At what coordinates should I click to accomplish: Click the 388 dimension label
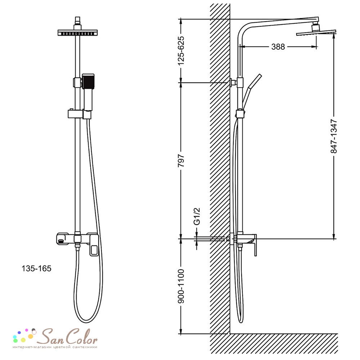point(278,47)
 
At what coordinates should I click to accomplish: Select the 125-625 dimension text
point(181,50)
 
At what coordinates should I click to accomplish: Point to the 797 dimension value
point(181,161)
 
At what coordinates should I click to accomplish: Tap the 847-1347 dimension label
point(334,136)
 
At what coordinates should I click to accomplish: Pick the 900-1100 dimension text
point(181,286)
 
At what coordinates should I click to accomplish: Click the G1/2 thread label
point(197,216)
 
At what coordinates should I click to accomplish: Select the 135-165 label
point(36,269)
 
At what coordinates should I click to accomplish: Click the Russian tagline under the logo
point(55,347)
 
